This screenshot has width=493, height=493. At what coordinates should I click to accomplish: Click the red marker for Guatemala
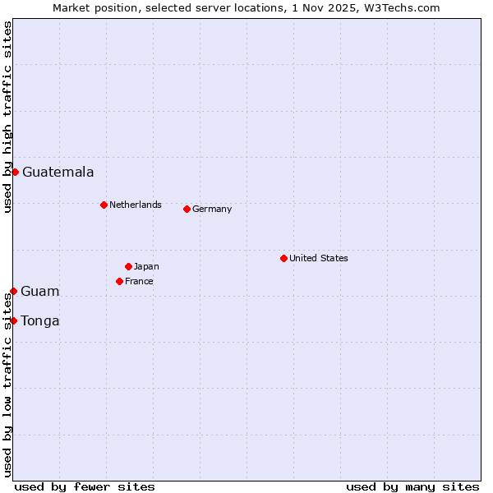click(15, 172)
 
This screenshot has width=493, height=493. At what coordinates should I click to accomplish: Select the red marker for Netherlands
click(104, 205)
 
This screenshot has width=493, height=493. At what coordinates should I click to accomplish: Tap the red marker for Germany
click(187, 209)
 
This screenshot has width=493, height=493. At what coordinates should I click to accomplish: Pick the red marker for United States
click(283, 258)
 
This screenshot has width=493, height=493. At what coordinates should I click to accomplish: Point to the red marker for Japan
click(128, 266)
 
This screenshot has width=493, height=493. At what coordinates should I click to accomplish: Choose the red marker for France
click(119, 281)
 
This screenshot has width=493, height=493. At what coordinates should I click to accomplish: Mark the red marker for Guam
click(13, 291)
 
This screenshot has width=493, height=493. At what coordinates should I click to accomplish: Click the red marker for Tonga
click(13, 320)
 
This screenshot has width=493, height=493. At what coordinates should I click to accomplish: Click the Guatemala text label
click(58, 172)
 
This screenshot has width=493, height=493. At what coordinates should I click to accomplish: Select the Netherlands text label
click(135, 205)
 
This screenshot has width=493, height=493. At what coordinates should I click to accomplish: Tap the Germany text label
click(212, 209)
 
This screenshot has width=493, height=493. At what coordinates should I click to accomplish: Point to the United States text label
click(318, 258)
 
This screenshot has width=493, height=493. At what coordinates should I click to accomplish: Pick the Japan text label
click(146, 266)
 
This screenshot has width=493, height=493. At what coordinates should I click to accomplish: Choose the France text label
click(139, 281)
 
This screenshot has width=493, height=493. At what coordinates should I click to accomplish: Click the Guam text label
click(39, 291)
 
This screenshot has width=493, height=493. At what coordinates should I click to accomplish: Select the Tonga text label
click(39, 320)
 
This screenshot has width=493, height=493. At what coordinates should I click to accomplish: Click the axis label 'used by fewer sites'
click(85, 486)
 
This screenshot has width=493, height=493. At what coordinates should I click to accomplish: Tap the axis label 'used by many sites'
click(412, 486)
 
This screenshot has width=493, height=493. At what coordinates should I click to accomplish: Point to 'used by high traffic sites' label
click(7, 117)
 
